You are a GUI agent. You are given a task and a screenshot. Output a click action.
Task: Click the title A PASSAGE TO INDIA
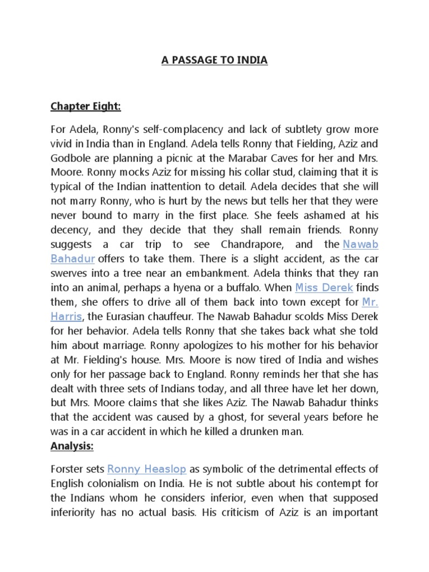(x=214, y=60)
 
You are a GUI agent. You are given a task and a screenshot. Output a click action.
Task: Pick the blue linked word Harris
(x=66, y=316)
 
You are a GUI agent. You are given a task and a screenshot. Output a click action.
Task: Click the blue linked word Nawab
(x=360, y=244)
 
